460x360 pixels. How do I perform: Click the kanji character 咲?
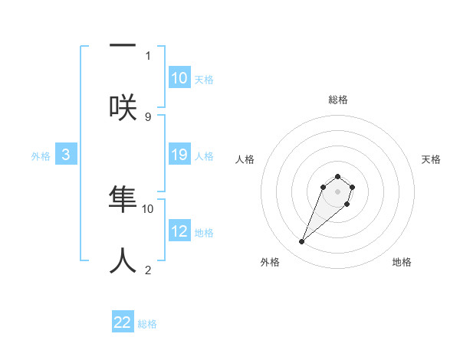[123, 105]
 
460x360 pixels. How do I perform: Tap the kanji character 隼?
[123, 198]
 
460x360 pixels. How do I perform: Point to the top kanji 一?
[123, 46]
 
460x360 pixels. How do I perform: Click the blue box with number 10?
[179, 78]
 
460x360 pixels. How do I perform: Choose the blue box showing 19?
[179, 155]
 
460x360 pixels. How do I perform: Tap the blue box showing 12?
[179, 231]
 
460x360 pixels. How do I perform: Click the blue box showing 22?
[123, 322]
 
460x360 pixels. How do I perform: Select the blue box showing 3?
[66, 155]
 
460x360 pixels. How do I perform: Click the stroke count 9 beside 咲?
[148, 116]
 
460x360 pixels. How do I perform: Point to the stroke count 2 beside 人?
[148, 270]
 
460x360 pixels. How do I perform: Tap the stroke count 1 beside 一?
[148, 55]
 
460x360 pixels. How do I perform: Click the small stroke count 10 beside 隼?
[148, 208]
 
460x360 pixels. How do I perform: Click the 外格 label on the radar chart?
[270, 262]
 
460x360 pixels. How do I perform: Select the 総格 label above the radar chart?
[337, 100]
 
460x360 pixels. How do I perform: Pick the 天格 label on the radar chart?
[432, 159]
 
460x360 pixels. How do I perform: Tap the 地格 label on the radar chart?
[402, 262]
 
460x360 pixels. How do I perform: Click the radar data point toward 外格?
[302, 242]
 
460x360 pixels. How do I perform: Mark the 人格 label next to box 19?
[204, 155]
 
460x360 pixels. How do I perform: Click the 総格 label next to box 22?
[147, 324]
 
